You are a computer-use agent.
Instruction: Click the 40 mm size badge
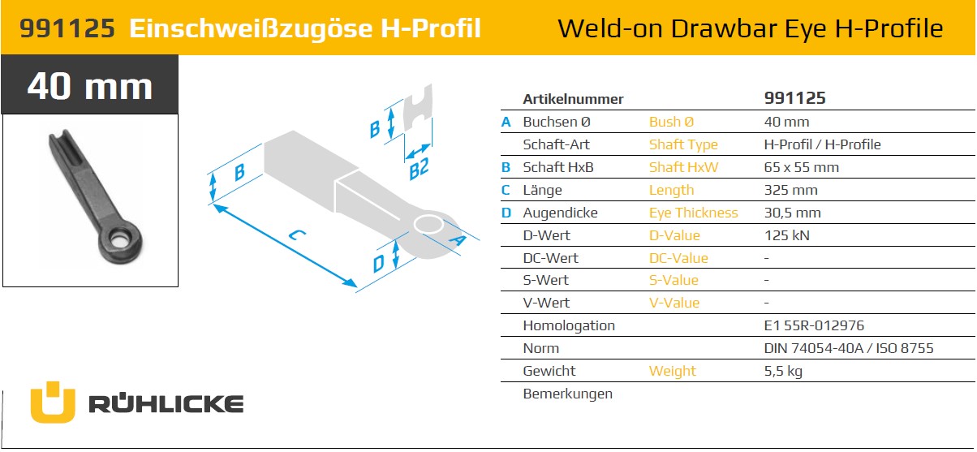(90, 84)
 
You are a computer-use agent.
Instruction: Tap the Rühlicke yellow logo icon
(53, 402)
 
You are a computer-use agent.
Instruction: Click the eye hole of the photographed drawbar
(117, 239)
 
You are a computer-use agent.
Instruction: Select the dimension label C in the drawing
(297, 235)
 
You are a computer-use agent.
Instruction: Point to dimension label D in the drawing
(378, 264)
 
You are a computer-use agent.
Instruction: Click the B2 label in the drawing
(419, 169)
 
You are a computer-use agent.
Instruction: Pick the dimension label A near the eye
(457, 239)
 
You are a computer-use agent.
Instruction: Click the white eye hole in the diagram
(428, 225)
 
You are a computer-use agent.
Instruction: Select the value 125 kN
(786, 235)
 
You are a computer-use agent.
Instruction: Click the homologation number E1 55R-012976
(814, 325)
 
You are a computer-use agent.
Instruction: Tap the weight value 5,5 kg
(783, 372)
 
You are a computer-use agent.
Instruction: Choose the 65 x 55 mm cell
(801, 167)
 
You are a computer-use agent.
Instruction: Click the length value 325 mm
(790, 190)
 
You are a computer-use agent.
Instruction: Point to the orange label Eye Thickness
(693, 213)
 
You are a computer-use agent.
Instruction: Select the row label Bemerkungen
(567, 394)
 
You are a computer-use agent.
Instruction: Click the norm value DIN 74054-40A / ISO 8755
(848, 348)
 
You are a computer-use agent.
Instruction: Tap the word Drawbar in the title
(724, 28)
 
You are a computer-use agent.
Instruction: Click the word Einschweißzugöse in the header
(252, 29)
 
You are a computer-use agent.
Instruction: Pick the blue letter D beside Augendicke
(506, 213)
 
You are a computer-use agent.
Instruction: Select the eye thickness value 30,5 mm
(793, 213)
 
